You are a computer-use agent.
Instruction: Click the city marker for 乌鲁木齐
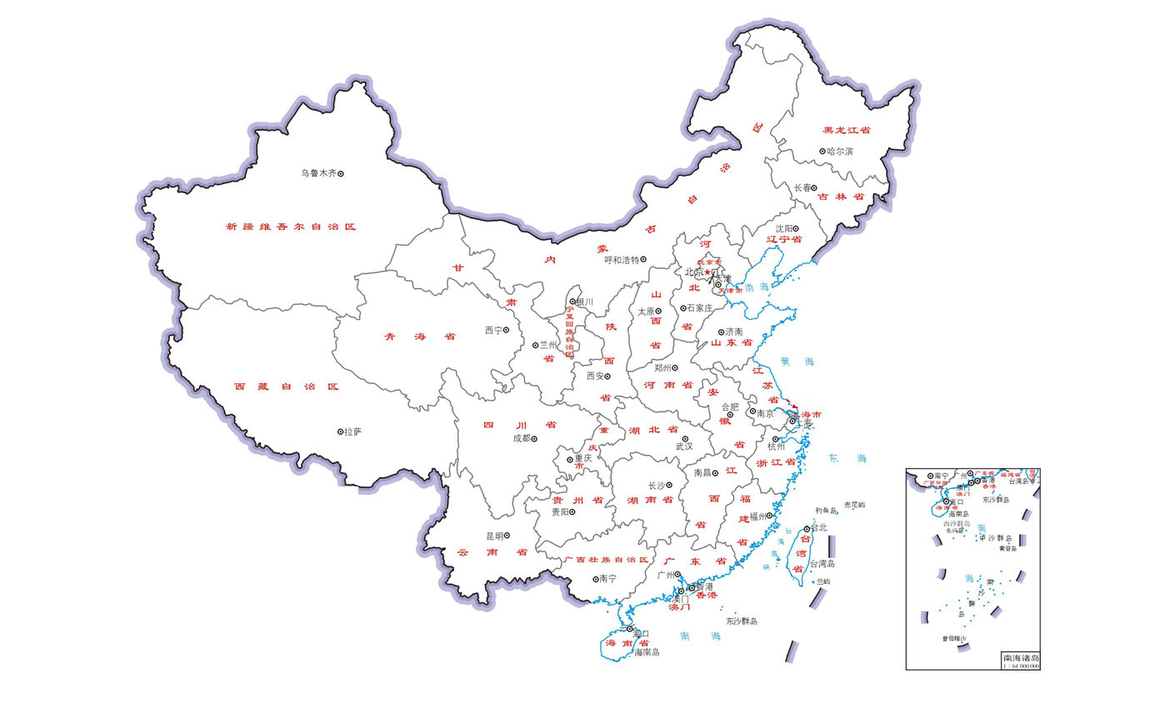[340, 173]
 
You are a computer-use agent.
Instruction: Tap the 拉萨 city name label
[352, 431]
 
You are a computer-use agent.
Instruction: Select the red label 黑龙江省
[847, 131]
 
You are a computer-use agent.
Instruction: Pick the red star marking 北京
[707, 272]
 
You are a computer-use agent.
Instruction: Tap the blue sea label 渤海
[757, 287]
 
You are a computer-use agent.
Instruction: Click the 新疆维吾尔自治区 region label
[291, 227]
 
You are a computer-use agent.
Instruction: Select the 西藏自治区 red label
[287, 386]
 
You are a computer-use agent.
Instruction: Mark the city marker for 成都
[534, 438]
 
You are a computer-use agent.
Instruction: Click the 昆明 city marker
[507, 536]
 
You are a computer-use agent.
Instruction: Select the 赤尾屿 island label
[854, 506]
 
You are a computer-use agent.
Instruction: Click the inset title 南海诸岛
[1020, 659]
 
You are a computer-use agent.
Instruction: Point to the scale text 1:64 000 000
[1020, 666]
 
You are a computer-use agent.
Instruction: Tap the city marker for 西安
[607, 376]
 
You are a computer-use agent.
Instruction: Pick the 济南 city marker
[721, 332]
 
